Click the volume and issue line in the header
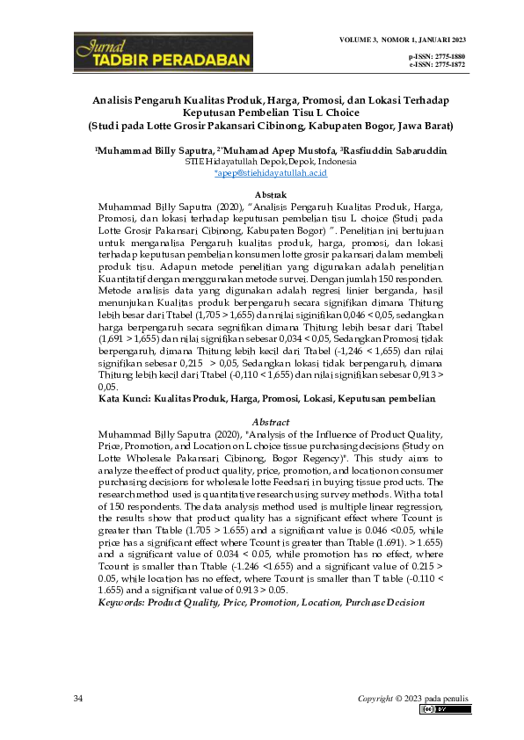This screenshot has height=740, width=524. tap(402, 41)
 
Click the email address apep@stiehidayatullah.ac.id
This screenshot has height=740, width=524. tap(271, 173)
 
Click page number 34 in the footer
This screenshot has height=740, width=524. tap(79, 697)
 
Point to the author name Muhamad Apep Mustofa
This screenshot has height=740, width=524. tap(278, 151)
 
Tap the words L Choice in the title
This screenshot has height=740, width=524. tap(335, 112)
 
